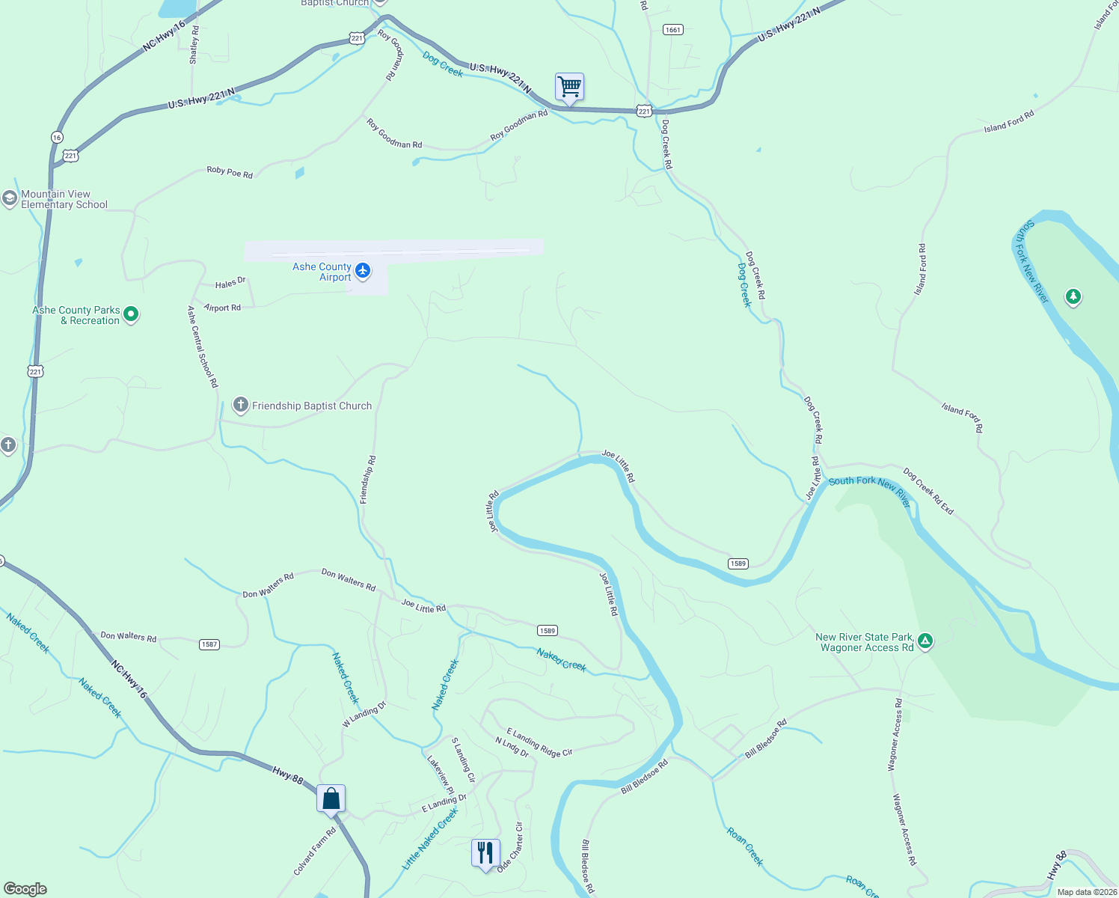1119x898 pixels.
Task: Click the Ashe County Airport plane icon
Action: [x=363, y=270]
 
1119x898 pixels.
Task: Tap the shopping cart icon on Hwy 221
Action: [x=569, y=88]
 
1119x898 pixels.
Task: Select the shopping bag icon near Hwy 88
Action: [x=331, y=799]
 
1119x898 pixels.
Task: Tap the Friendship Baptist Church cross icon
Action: [x=240, y=406]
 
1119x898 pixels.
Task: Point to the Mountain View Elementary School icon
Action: [x=9, y=198]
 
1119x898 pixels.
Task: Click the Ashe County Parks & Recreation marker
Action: [x=131, y=314]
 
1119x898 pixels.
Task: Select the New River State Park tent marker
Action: [x=925, y=641]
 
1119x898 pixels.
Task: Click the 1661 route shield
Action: [x=672, y=30]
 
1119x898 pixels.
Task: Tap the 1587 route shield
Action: [x=209, y=644]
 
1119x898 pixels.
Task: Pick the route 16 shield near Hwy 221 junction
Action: [x=57, y=138]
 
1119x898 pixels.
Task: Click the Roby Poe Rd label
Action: [x=230, y=172]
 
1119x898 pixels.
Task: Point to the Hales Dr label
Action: [x=230, y=283]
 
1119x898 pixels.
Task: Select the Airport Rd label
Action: [x=222, y=308]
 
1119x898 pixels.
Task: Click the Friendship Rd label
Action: [x=368, y=480]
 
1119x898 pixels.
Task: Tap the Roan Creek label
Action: [x=745, y=846]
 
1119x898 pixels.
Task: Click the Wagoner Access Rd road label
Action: [x=904, y=829]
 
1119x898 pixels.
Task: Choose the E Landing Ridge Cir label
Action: [x=539, y=742]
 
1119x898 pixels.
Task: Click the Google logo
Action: [x=25, y=889]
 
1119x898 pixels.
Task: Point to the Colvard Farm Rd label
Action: [x=314, y=851]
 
